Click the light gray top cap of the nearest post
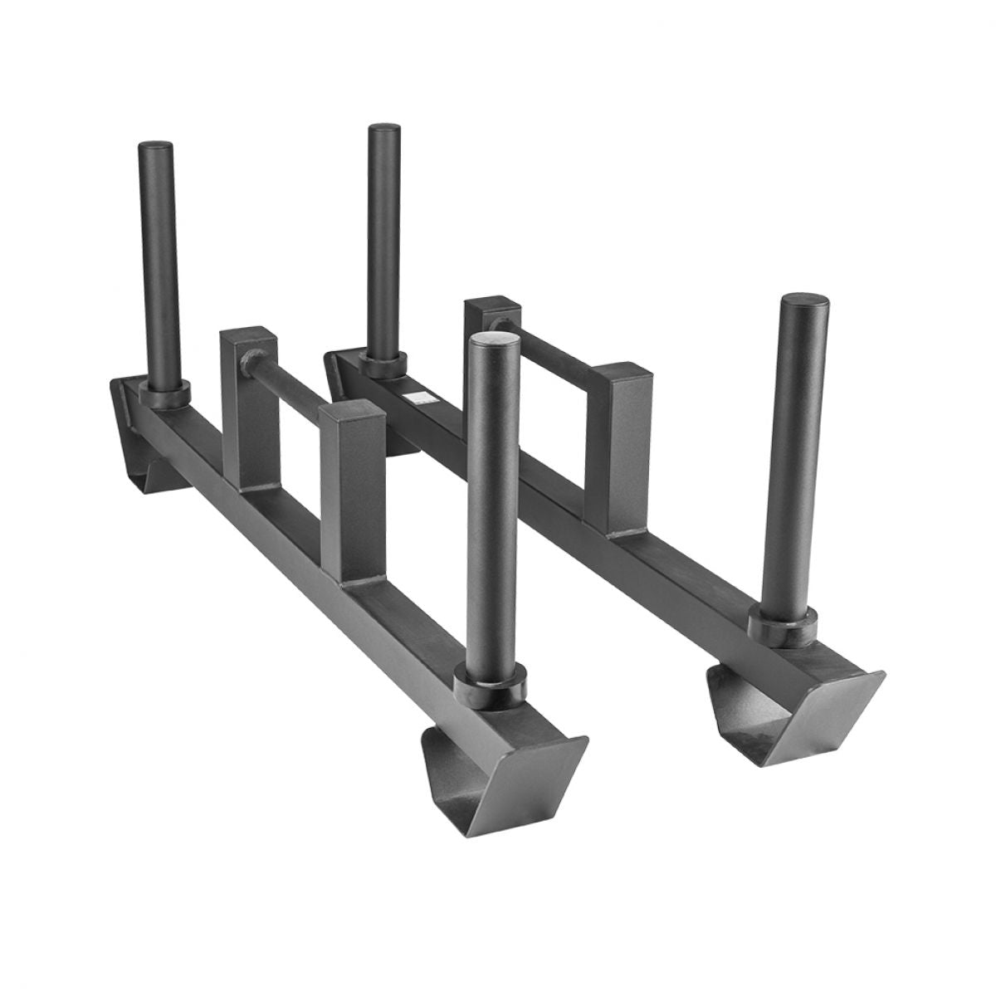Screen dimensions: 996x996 [496, 339]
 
